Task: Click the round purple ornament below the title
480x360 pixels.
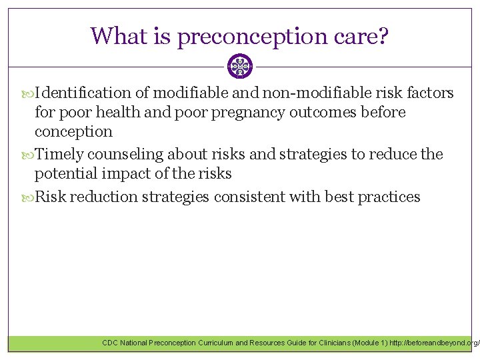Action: (239, 67)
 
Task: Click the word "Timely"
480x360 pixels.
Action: (59, 154)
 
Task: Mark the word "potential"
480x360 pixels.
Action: (64, 175)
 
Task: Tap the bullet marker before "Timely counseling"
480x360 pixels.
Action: (28, 155)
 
